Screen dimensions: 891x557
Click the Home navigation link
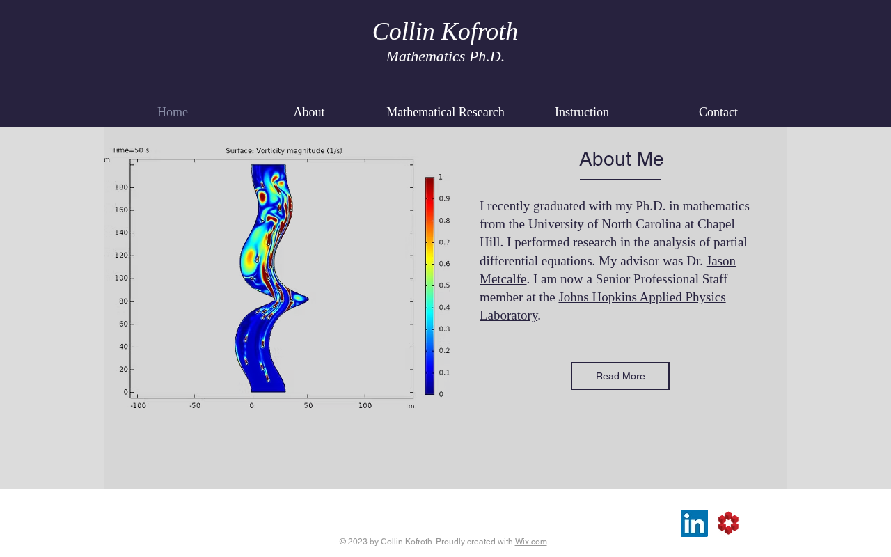pos(172,112)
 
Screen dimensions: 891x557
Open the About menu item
pos(309,112)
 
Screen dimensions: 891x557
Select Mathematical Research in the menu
pos(445,112)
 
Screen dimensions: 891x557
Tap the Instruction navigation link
pos(581,112)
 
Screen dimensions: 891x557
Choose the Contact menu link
pos(718,112)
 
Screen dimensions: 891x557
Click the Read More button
pos(620,376)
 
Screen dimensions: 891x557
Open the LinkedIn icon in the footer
pos(694,523)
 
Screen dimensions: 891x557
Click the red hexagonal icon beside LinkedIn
pos(728,523)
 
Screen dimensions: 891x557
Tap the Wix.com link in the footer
pos(530,542)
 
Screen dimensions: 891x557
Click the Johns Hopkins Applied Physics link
pos(642,297)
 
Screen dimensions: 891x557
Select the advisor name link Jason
pos(720,261)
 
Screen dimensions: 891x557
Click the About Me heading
pos(621,159)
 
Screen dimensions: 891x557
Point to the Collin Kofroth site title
pos(445,31)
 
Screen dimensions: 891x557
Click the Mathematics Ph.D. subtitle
pos(445,56)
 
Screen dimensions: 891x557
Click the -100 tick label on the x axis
pos(138,406)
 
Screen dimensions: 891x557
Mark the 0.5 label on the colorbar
pos(444,285)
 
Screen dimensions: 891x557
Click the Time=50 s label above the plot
pos(130,150)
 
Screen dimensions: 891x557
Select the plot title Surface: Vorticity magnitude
pos(283,151)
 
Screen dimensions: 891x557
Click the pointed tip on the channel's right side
pos(308,299)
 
